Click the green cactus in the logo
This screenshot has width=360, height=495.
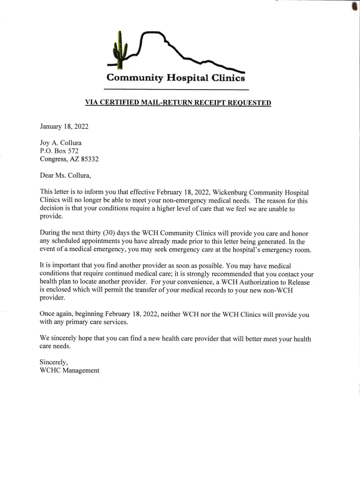pos(118,49)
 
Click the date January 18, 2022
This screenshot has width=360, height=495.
pos(64,126)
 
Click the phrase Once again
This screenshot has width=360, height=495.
pos(56,315)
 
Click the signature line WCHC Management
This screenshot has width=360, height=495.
pos(69,370)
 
